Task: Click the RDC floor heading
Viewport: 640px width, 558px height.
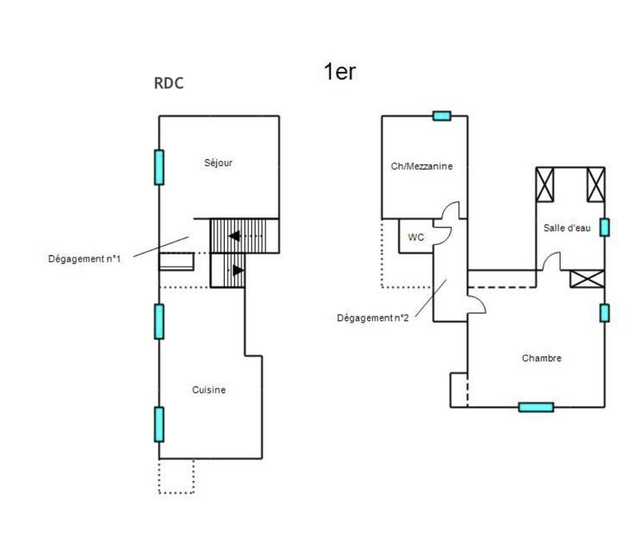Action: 168,82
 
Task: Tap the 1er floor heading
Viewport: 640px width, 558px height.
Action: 339,71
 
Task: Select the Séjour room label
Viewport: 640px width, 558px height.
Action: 218,163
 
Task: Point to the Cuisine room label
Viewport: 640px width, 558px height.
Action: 209,390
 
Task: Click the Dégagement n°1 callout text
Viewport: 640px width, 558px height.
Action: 84,258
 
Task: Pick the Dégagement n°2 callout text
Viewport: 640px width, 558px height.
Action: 373,317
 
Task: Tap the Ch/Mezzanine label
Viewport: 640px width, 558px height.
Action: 423,167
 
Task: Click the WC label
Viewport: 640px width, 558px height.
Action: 416,237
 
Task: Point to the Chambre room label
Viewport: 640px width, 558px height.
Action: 541,358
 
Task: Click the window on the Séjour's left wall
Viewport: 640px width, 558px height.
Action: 159,167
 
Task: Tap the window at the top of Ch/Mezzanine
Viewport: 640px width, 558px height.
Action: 442,116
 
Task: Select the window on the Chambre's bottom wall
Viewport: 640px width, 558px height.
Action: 535,407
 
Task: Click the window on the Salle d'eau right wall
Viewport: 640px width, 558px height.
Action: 604,227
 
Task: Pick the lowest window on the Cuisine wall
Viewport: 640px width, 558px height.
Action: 159,424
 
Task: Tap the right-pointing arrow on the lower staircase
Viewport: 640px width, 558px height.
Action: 238,271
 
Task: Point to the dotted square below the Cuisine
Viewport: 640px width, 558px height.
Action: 176,476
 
